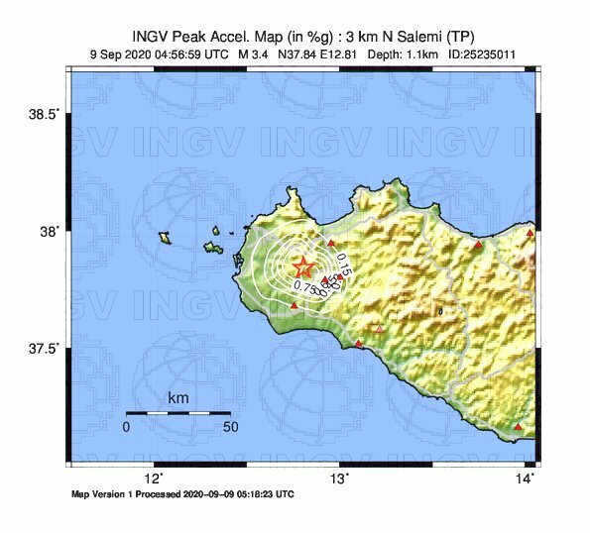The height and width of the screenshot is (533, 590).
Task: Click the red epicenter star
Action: [302, 266]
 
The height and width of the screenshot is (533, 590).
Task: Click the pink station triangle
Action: [380, 329]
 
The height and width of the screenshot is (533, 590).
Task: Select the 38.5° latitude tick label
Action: [45, 115]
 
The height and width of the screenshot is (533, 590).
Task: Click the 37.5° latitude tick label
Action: [45, 349]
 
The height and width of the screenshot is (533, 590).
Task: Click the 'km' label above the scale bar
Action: [177, 398]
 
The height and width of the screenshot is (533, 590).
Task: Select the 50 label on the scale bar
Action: [230, 427]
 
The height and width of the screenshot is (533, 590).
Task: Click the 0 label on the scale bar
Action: [126, 427]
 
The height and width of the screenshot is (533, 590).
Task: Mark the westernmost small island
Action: [165, 237]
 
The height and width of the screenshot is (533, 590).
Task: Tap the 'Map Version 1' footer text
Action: [107, 492]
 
